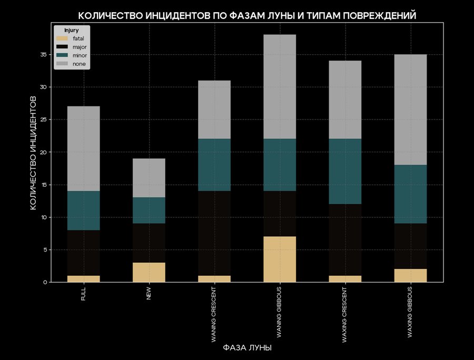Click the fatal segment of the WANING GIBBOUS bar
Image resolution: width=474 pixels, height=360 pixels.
tap(280, 259)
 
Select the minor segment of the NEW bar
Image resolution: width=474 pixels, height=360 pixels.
tap(149, 210)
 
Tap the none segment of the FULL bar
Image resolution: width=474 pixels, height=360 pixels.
tap(84, 148)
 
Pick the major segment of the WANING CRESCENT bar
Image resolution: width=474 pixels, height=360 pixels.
tap(214, 233)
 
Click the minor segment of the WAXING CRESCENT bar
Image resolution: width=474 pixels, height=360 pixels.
tap(345, 171)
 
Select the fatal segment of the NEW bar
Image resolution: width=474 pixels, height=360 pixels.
tap(149, 272)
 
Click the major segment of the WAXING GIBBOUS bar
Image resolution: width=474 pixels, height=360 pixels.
tap(410, 246)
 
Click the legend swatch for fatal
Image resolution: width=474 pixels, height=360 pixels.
tap(64, 38)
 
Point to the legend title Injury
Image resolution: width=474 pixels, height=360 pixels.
tap(71, 30)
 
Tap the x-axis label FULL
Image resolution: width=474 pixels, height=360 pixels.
tap(84, 294)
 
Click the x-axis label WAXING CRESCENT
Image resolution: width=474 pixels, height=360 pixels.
tap(345, 315)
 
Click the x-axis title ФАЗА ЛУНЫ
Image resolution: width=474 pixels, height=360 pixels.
tap(247, 348)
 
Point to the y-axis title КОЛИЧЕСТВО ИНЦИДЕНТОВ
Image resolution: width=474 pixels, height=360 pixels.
tap(33, 152)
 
